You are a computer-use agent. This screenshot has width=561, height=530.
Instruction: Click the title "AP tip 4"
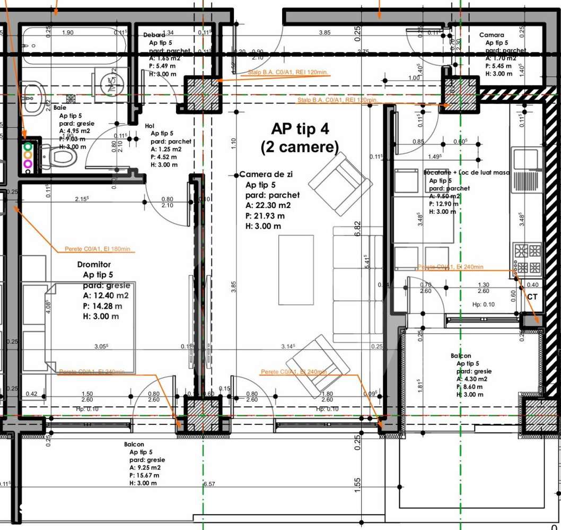pyautogui.click(x=301, y=129)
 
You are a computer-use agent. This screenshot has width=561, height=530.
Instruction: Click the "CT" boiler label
pyautogui.click(x=532, y=297)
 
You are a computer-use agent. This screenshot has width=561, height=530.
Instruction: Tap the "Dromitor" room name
pyautogui.click(x=94, y=264)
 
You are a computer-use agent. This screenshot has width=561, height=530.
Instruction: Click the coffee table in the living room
pyautogui.click(x=296, y=270)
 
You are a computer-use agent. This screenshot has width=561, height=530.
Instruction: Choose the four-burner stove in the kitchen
pyautogui.click(x=527, y=258)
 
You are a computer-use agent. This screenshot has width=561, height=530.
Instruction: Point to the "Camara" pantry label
pyautogui.click(x=492, y=35)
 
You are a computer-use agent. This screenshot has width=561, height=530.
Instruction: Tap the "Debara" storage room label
pyautogui.click(x=154, y=35)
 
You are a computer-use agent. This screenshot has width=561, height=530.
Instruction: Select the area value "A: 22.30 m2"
pyautogui.click(x=268, y=206)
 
